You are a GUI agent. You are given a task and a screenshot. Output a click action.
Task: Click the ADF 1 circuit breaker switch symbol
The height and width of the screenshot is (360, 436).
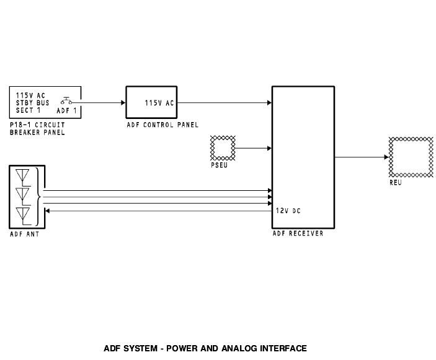click(67, 102)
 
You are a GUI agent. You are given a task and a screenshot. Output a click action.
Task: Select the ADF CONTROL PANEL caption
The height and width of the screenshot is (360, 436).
click(162, 125)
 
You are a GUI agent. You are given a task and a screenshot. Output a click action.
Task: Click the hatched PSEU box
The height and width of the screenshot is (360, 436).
click(223, 148)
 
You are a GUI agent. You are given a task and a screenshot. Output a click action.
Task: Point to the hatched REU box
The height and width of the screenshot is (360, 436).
click(409, 157)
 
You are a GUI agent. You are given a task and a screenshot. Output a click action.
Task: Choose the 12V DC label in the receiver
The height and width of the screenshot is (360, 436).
click(288, 211)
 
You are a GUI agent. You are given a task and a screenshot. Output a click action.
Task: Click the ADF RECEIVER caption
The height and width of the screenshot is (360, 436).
click(298, 234)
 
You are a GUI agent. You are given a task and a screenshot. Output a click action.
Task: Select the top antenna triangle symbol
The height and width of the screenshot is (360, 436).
click(25, 177)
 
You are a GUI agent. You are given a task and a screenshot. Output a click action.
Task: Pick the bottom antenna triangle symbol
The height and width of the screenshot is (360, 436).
click(25, 215)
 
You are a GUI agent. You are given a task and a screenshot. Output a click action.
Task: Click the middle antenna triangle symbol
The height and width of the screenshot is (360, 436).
click(25, 196)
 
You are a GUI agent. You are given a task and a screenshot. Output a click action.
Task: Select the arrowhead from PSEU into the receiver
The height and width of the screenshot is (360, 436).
click(269, 148)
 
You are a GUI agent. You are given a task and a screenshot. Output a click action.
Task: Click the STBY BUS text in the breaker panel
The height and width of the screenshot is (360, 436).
click(32, 103)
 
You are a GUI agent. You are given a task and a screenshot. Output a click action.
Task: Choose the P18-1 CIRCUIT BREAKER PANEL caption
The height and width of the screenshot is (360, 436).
click(37, 128)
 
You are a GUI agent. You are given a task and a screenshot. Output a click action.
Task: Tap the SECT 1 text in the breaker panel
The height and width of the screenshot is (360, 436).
click(28, 110)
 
